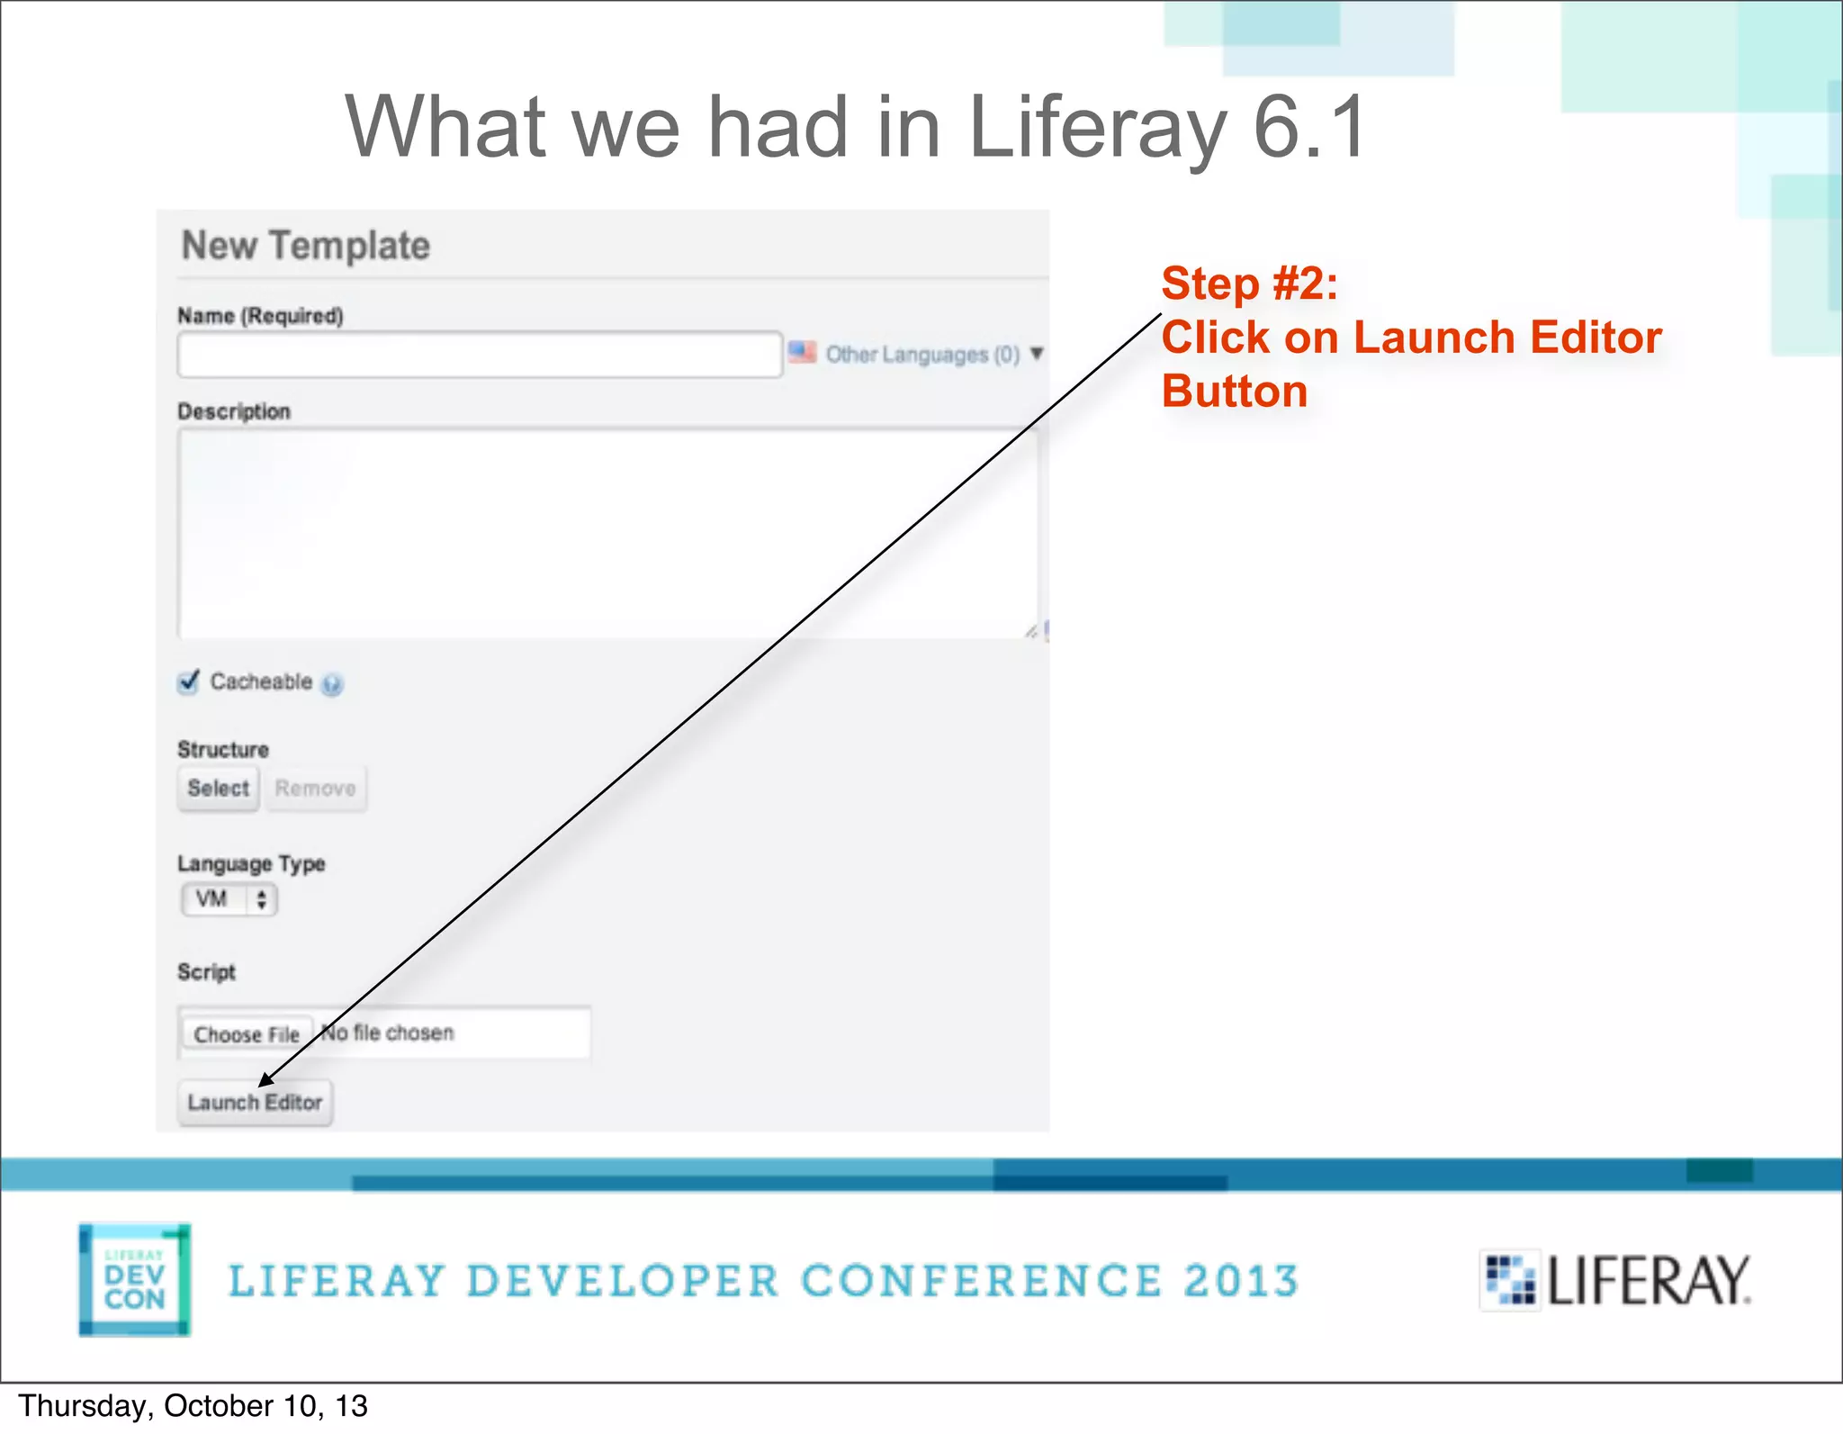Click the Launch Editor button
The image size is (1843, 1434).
point(255,1103)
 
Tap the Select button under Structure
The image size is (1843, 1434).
point(218,789)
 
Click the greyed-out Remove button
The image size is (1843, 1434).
point(315,789)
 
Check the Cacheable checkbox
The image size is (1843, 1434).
point(188,682)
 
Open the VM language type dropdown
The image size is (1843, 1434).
point(229,899)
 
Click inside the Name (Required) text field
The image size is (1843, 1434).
point(479,355)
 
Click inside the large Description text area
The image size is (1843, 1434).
point(607,533)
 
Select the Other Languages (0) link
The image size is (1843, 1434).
point(922,355)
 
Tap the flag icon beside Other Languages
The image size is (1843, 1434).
point(802,352)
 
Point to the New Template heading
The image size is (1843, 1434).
point(306,246)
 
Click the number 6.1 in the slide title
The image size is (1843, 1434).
point(1309,128)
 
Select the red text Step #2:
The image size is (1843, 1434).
point(1249,284)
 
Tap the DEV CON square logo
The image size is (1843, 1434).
point(134,1279)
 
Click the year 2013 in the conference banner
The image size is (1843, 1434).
point(1241,1281)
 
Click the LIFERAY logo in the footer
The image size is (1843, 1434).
point(1616,1280)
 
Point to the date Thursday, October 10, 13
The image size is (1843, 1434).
point(193,1406)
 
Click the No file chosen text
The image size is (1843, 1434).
point(388,1033)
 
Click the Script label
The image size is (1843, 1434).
point(206,972)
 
